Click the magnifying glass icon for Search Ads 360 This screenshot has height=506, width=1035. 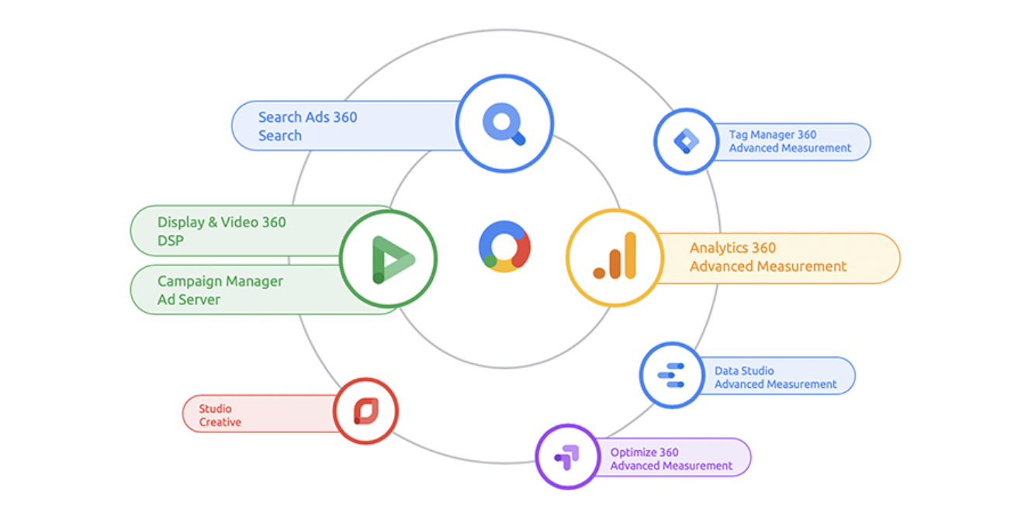click(504, 124)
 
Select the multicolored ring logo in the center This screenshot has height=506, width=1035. click(504, 247)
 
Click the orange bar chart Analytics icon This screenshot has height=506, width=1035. click(615, 256)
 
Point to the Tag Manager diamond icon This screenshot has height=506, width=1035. click(686, 141)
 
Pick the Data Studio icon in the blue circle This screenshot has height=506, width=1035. click(671, 375)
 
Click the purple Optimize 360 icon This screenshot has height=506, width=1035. click(566, 457)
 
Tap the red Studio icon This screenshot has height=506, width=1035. click(366, 411)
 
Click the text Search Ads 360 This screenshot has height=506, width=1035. click(308, 117)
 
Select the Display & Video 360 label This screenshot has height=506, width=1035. click(222, 222)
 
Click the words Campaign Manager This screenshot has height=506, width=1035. click(220, 282)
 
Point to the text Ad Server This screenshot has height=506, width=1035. click(189, 300)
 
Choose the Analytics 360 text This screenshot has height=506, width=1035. click(733, 248)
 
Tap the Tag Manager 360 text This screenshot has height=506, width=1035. click(773, 135)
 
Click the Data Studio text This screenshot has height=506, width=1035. click(744, 371)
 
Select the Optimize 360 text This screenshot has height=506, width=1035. click(644, 452)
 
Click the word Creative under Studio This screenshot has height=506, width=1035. click(220, 422)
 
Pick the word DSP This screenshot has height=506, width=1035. click(171, 241)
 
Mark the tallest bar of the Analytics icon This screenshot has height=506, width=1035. click(630, 255)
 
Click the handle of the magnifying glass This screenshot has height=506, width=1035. click(518, 137)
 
